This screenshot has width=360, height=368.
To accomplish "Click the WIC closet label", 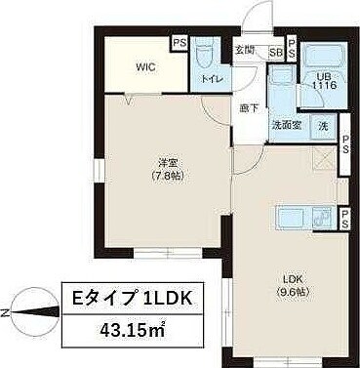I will tap(144, 68).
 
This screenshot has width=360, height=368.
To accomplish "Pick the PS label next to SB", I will tap(292, 51).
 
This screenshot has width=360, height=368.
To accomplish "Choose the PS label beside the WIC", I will tap(179, 44).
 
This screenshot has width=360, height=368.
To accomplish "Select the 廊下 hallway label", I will tap(250, 107).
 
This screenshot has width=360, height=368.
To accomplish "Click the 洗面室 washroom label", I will tap(285, 126).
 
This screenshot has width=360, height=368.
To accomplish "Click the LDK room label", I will tap(294, 277).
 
